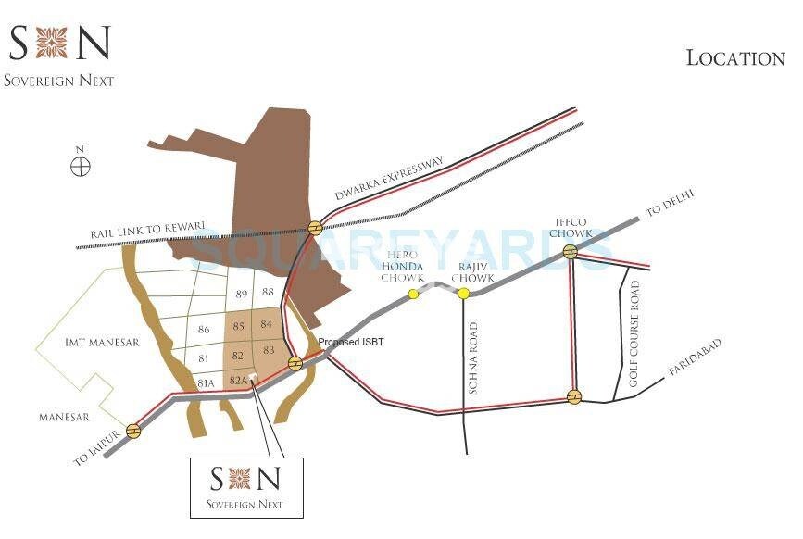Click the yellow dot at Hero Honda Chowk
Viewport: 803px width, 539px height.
coord(414,295)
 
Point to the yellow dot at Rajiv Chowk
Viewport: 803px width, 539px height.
coord(463,294)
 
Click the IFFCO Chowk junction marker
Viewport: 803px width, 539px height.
coord(571,251)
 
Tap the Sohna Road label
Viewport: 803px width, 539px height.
coord(474,357)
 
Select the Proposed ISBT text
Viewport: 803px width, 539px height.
coord(351,343)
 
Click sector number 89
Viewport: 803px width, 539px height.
coord(242,294)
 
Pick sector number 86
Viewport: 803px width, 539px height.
coord(205,330)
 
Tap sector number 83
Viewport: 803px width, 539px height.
coord(269,351)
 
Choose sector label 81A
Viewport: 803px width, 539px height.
coord(205,383)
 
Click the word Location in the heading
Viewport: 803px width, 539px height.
coord(735,57)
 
